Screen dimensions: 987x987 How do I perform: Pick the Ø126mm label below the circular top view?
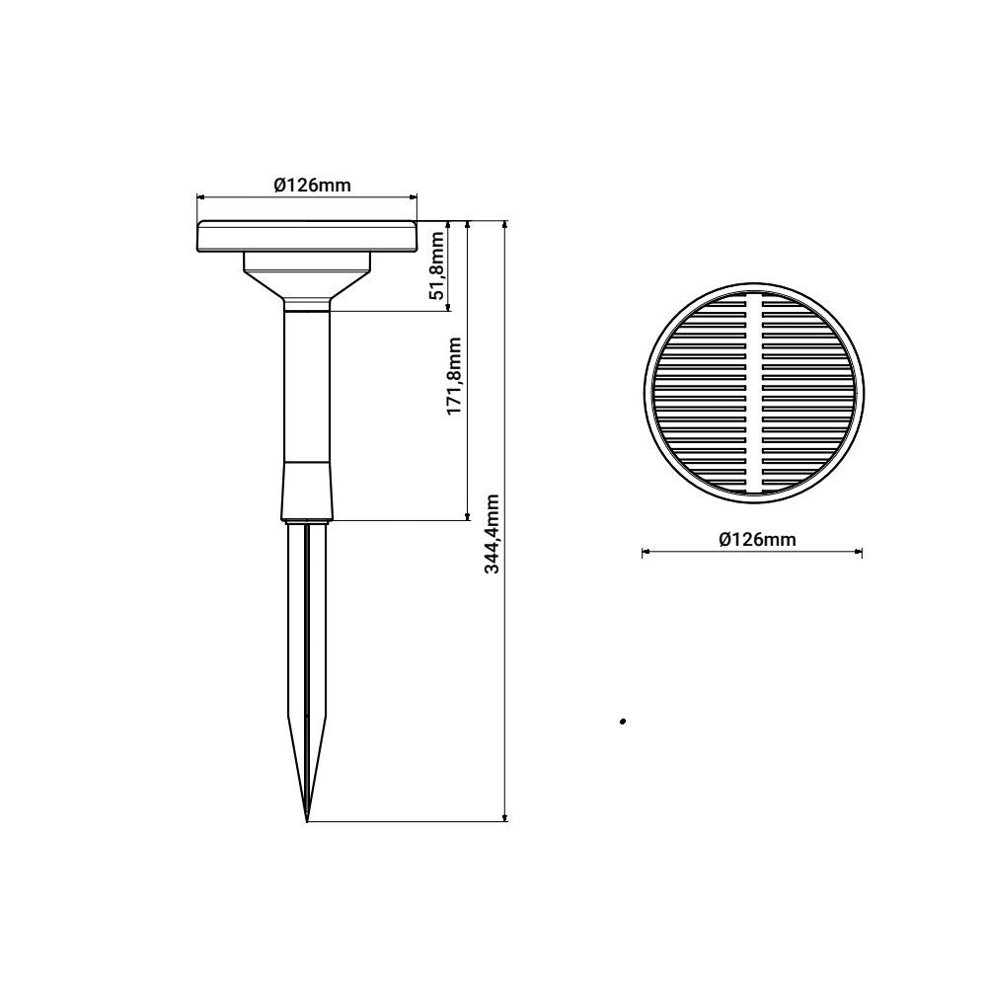758,539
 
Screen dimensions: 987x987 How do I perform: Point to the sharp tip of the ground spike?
308,819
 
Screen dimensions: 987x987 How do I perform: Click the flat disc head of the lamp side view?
307,238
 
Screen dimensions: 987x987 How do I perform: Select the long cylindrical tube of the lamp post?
307,385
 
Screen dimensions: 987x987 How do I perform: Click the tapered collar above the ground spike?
307,491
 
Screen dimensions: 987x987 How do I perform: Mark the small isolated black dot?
623,722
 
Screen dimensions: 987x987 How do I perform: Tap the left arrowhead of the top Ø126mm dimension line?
200,196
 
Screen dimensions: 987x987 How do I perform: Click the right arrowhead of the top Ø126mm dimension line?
415,196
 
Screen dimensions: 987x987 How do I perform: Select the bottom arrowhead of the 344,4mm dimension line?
506,816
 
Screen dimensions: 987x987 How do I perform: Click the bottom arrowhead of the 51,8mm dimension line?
450,308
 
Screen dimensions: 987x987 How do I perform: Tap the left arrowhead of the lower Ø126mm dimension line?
645,553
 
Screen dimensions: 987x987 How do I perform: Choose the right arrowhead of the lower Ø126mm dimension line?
860,553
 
